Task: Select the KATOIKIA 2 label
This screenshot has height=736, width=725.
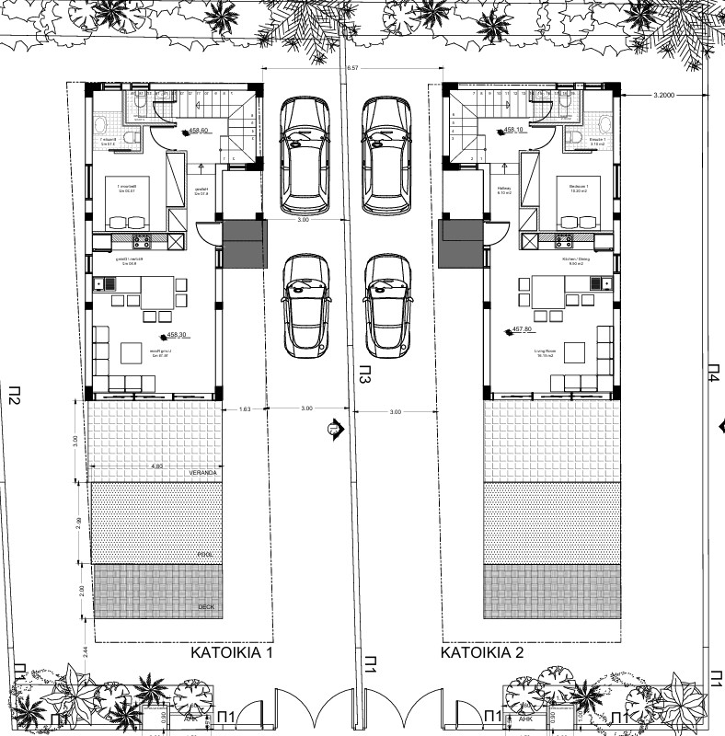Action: pyautogui.click(x=482, y=652)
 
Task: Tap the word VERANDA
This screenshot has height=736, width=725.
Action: pyautogui.click(x=202, y=473)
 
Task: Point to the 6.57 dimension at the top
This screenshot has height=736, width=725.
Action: pyautogui.click(x=353, y=69)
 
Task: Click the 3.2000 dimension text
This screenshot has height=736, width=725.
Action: pyautogui.click(x=664, y=95)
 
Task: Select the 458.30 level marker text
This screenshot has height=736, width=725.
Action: pyautogui.click(x=178, y=337)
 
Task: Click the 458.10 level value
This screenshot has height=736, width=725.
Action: pyautogui.click(x=516, y=131)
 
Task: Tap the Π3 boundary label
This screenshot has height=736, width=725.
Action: pyautogui.click(x=364, y=376)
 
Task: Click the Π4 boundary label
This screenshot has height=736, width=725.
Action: pyautogui.click(x=714, y=372)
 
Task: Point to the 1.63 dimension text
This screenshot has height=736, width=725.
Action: pyautogui.click(x=244, y=408)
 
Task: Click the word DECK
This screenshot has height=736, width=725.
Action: pyautogui.click(x=206, y=608)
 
